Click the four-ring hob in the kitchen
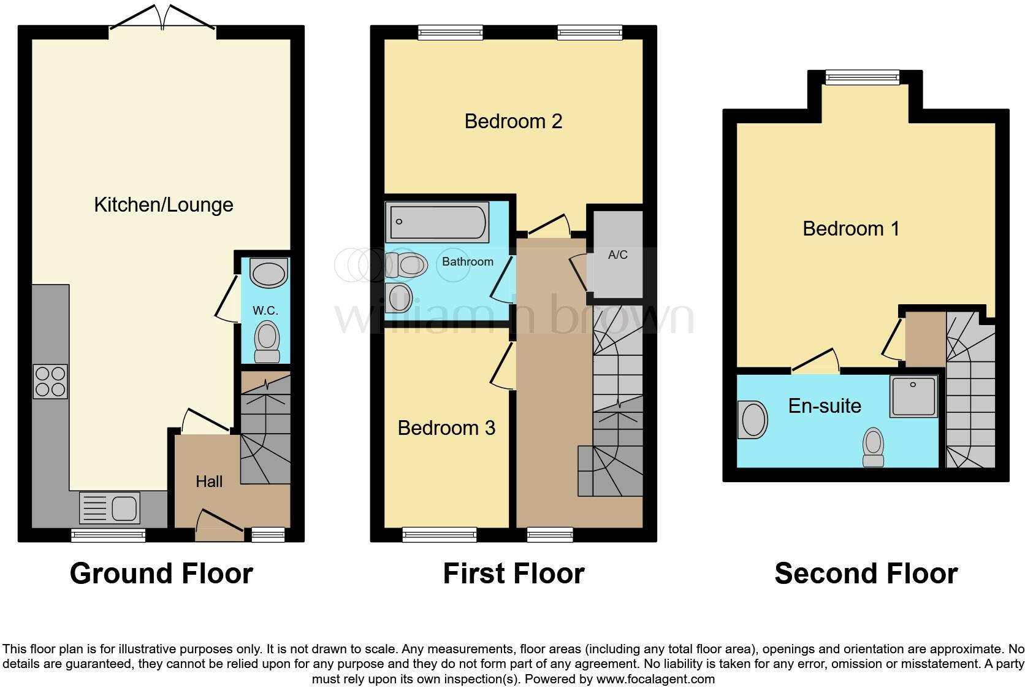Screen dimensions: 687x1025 50,382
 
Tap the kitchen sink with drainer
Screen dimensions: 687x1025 110,508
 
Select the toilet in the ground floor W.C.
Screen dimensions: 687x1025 267,341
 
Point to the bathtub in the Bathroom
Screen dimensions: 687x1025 438,222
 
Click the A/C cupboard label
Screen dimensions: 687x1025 617,255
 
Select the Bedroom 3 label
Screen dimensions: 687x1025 446,428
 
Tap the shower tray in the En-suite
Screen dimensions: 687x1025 913,396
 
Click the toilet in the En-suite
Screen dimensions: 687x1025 873,447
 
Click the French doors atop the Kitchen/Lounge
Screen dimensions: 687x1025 162,18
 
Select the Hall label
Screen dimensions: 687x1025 209,482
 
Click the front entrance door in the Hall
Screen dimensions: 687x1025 219,525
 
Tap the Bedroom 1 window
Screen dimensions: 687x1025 862,77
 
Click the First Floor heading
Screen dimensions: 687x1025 513,574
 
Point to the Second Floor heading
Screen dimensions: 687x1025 866,574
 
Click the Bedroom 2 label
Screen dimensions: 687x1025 513,121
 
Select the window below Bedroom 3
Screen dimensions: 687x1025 439,535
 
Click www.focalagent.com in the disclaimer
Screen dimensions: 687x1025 655,679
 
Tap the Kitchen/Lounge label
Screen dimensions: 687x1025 164,204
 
